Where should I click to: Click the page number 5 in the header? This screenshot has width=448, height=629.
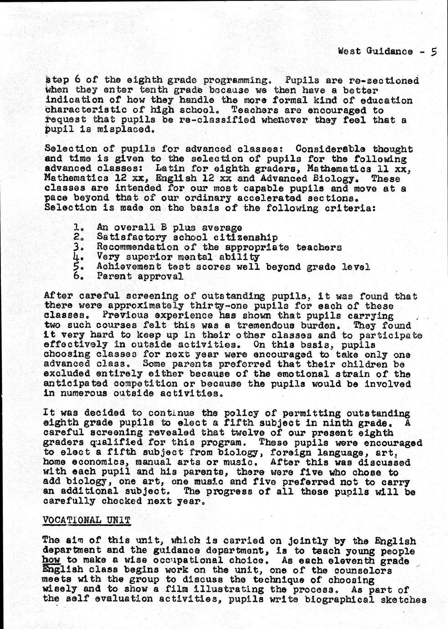pyautogui.click(x=433, y=52)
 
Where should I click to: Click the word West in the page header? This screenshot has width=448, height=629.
pyautogui.click(x=348, y=52)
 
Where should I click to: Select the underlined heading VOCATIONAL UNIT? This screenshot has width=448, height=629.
pyautogui.click(x=86, y=521)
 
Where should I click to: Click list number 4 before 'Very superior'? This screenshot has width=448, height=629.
pyautogui.click(x=77, y=257)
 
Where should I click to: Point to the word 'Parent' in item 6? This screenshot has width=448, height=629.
pyautogui.click(x=111, y=276)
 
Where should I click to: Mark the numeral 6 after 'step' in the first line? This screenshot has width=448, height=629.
pyautogui.click(x=78, y=80)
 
